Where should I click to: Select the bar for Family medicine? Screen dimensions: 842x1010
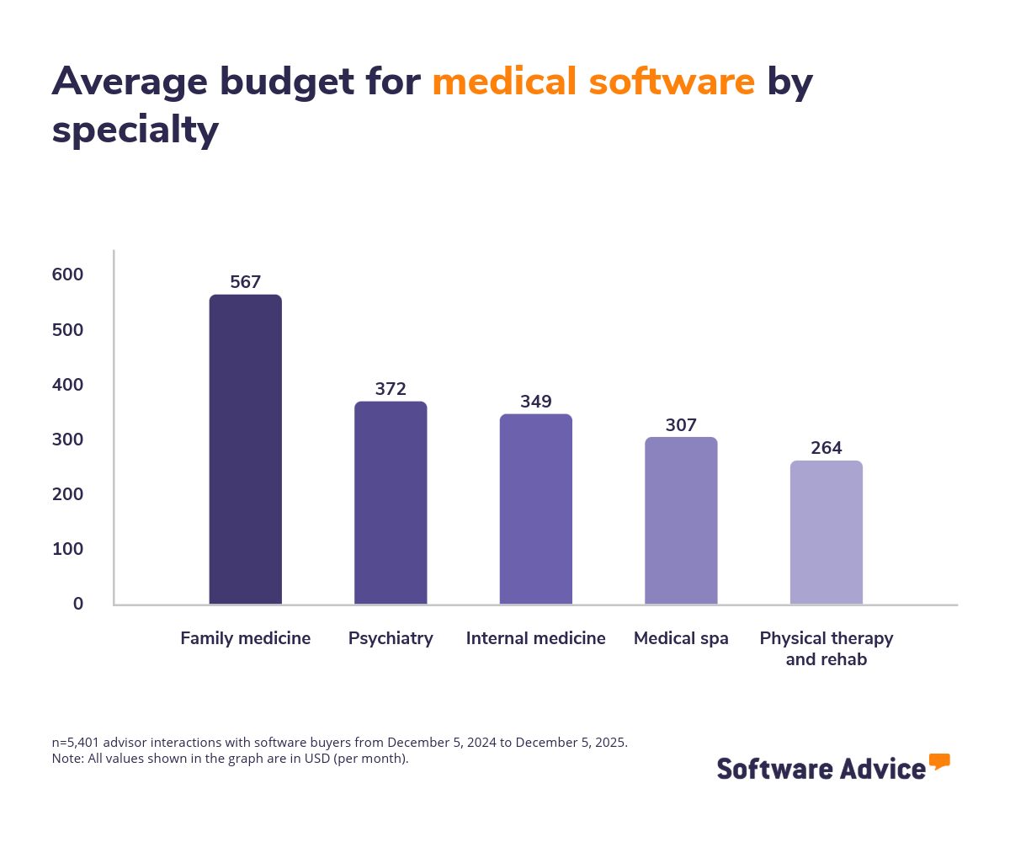245,450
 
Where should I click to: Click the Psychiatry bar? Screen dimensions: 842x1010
391,503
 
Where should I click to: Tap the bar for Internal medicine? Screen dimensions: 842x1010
536,509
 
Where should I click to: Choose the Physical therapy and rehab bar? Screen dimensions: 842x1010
827,532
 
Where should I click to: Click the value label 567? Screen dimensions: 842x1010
245,282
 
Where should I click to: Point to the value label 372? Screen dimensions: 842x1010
391,389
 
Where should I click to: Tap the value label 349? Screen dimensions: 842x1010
536,402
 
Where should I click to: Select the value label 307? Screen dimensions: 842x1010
681,425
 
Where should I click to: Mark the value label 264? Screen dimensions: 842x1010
827,448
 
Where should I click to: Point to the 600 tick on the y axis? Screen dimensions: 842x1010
66,274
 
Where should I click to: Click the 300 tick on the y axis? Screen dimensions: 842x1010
66,440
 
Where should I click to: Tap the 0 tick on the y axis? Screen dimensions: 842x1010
78,604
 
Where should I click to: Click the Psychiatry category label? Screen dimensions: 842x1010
391,638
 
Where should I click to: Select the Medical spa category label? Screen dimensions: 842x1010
681,638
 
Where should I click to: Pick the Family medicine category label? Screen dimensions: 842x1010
245,638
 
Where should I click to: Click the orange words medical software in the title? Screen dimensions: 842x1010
593,82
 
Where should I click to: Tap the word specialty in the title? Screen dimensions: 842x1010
136,131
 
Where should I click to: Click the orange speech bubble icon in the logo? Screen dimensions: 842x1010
939,762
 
